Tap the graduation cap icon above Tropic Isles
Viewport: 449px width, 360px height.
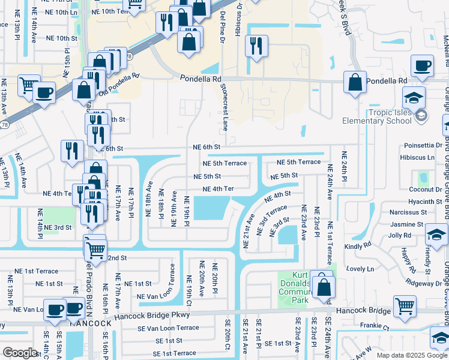(x=414, y=97)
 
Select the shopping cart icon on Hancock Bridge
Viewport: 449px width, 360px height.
(x=405, y=305)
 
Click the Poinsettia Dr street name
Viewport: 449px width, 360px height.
(x=423, y=145)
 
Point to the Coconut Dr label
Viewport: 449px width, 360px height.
(x=426, y=190)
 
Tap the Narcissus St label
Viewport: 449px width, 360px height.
(x=408, y=212)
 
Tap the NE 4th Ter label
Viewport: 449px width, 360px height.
(x=218, y=189)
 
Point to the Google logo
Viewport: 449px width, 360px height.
(x=20, y=353)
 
